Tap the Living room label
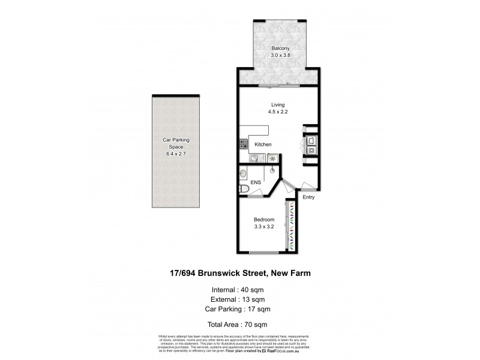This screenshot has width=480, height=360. coord(277,105)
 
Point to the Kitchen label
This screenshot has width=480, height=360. coord(263,145)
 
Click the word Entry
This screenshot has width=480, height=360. coord(308,197)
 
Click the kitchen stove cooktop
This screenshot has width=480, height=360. coord(244,144)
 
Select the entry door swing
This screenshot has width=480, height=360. coord(308,185)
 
